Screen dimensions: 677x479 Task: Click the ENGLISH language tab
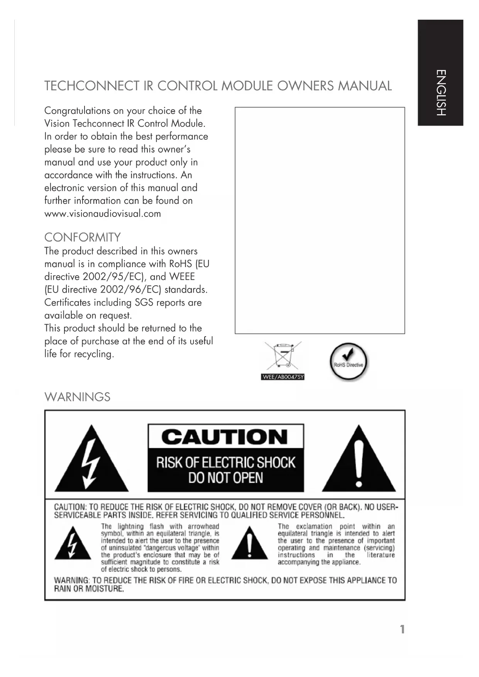(x=440, y=93)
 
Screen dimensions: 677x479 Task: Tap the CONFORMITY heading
(x=82, y=237)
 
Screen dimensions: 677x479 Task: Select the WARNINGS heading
(x=77, y=397)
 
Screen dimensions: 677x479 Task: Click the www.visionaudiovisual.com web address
(x=103, y=214)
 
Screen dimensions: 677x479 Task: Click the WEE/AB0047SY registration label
(x=283, y=377)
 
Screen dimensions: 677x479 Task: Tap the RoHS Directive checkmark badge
(x=349, y=362)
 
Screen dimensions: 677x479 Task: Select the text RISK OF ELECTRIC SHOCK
(x=225, y=462)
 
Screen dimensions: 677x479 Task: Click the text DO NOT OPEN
(x=225, y=478)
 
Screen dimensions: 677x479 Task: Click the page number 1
(x=402, y=630)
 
